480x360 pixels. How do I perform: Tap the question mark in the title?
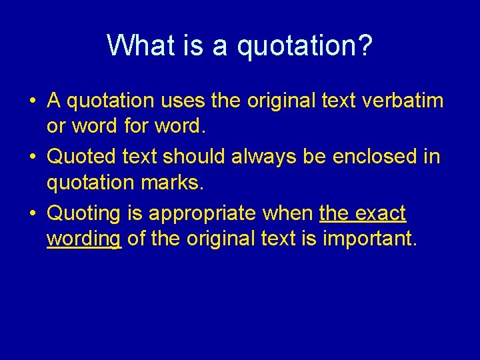click(365, 45)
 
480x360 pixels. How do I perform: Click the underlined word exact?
click(381, 213)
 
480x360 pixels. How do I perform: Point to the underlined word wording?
click(84, 237)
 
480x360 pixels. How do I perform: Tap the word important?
click(369, 237)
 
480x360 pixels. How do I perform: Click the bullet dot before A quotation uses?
click(32, 102)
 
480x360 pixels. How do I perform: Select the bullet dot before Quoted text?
click(32, 158)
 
